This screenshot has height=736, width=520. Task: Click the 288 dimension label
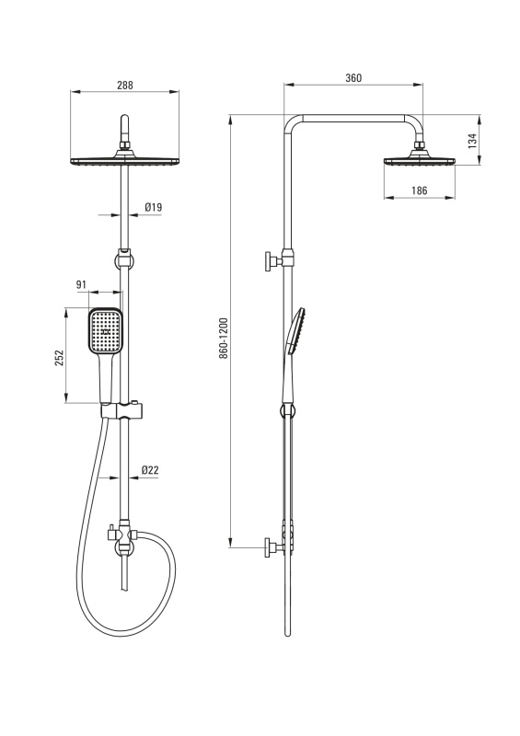coord(125,85)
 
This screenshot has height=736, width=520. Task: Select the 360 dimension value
coord(353,78)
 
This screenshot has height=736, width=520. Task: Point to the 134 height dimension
coord(472,141)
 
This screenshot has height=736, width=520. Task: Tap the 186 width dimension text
coord(419,190)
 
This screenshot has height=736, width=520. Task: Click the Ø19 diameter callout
coord(153,206)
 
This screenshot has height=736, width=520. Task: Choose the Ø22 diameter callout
coord(150,470)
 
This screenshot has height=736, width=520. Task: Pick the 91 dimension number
coord(81,284)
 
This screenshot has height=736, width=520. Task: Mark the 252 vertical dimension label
coord(59,358)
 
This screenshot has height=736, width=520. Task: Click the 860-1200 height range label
coord(224,339)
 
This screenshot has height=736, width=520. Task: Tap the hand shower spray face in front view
coord(106,330)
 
